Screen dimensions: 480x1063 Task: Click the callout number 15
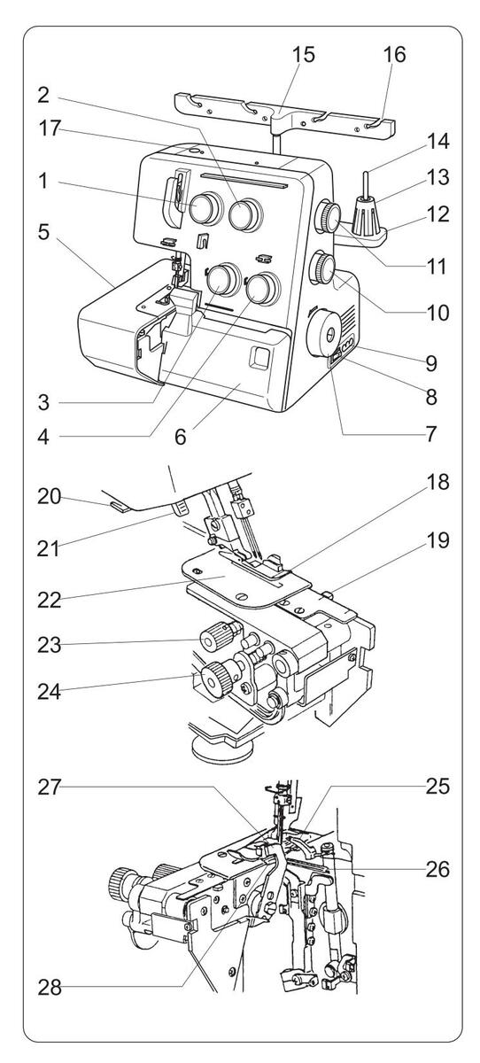click(x=303, y=55)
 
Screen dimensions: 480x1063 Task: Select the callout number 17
click(x=50, y=128)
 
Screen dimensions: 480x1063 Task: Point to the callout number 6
click(x=181, y=437)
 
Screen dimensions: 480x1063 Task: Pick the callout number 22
click(x=50, y=601)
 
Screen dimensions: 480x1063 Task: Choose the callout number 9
click(x=430, y=363)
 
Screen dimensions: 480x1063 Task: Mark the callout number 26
click(x=437, y=869)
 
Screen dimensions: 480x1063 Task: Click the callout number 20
click(x=50, y=497)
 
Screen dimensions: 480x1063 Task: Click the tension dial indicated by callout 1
click(x=205, y=208)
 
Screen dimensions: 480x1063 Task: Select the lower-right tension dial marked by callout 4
click(x=262, y=289)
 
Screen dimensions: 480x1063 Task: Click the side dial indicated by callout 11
click(x=328, y=216)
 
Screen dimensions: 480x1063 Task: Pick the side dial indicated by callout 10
click(x=322, y=268)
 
